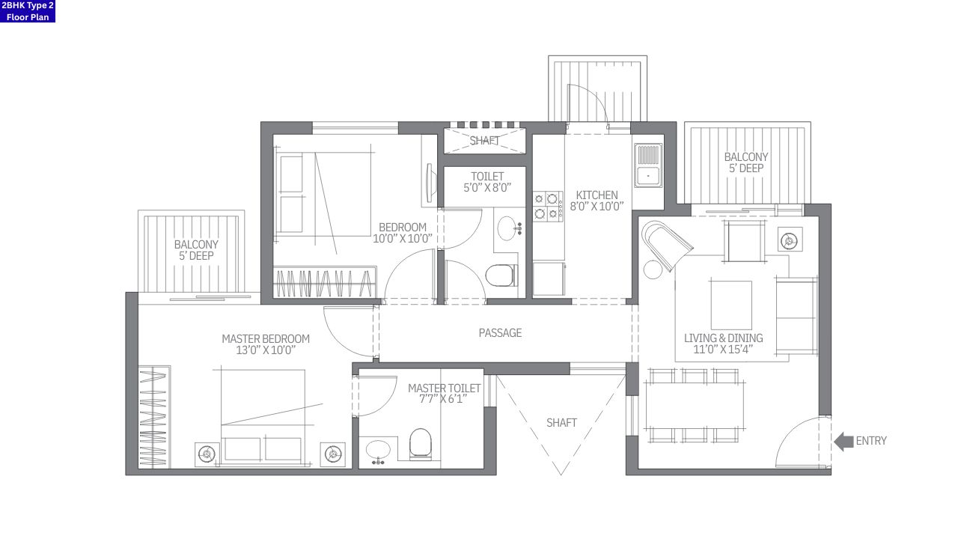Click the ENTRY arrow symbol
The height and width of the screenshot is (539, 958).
pos(843,442)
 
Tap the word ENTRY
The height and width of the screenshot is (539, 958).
pos(871,441)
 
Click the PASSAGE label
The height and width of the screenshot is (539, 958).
pos(500,333)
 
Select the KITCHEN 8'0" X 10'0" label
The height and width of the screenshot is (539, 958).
pos(597,201)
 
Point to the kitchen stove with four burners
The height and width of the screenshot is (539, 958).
pos(548,206)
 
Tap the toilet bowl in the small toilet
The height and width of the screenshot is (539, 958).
pos(500,275)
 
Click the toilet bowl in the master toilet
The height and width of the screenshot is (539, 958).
pos(421,445)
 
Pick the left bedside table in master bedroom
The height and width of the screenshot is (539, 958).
pos(207,454)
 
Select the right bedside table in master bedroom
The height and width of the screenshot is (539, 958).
pos(333,454)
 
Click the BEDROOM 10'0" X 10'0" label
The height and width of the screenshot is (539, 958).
pos(402,233)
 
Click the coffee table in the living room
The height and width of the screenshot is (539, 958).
pos(730,305)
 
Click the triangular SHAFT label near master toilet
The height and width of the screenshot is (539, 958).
pos(561,423)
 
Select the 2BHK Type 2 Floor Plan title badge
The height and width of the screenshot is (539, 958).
pos(28,11)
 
